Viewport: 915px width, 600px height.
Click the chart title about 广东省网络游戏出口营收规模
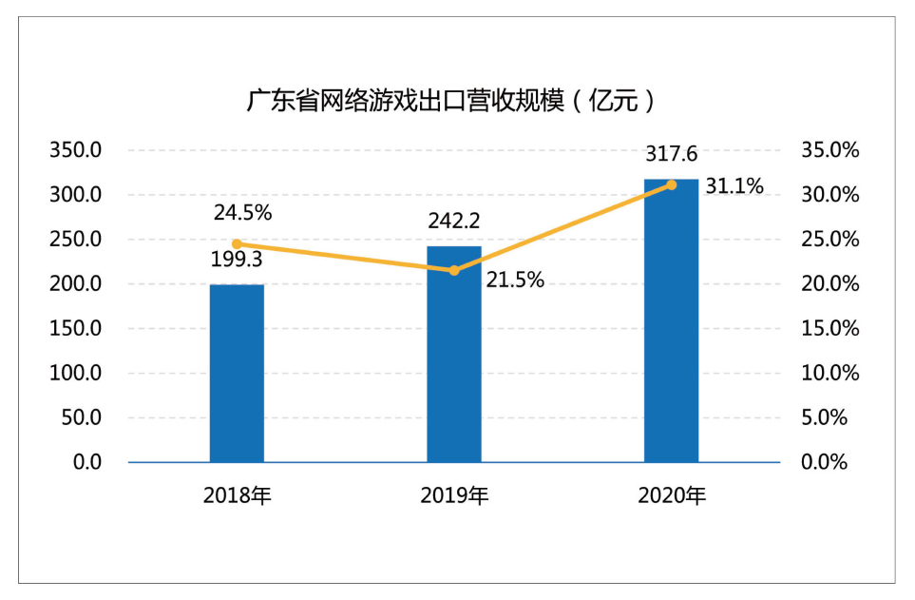450,101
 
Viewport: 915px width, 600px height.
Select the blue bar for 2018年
237,374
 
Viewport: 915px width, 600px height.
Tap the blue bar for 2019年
454,354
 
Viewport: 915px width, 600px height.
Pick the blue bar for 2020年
671,320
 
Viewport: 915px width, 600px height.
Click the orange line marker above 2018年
237,244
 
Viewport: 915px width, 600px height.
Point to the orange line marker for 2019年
454,270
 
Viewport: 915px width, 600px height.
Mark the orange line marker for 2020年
671,185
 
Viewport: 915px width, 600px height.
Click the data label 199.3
237,260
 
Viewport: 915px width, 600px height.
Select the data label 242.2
454,221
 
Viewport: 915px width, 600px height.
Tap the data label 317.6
671,154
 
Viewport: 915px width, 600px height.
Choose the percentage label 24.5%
242,213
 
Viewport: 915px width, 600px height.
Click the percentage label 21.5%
515,281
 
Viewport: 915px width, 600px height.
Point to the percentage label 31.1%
734,186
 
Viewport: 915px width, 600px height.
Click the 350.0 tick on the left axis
75,150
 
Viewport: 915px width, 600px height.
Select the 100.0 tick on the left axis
75,373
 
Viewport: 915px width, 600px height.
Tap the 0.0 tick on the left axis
87,462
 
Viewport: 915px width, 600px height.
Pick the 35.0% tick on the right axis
829,150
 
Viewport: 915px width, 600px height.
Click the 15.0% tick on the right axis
829,328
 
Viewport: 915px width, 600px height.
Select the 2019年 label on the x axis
454,495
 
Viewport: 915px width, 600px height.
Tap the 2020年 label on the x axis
672,495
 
